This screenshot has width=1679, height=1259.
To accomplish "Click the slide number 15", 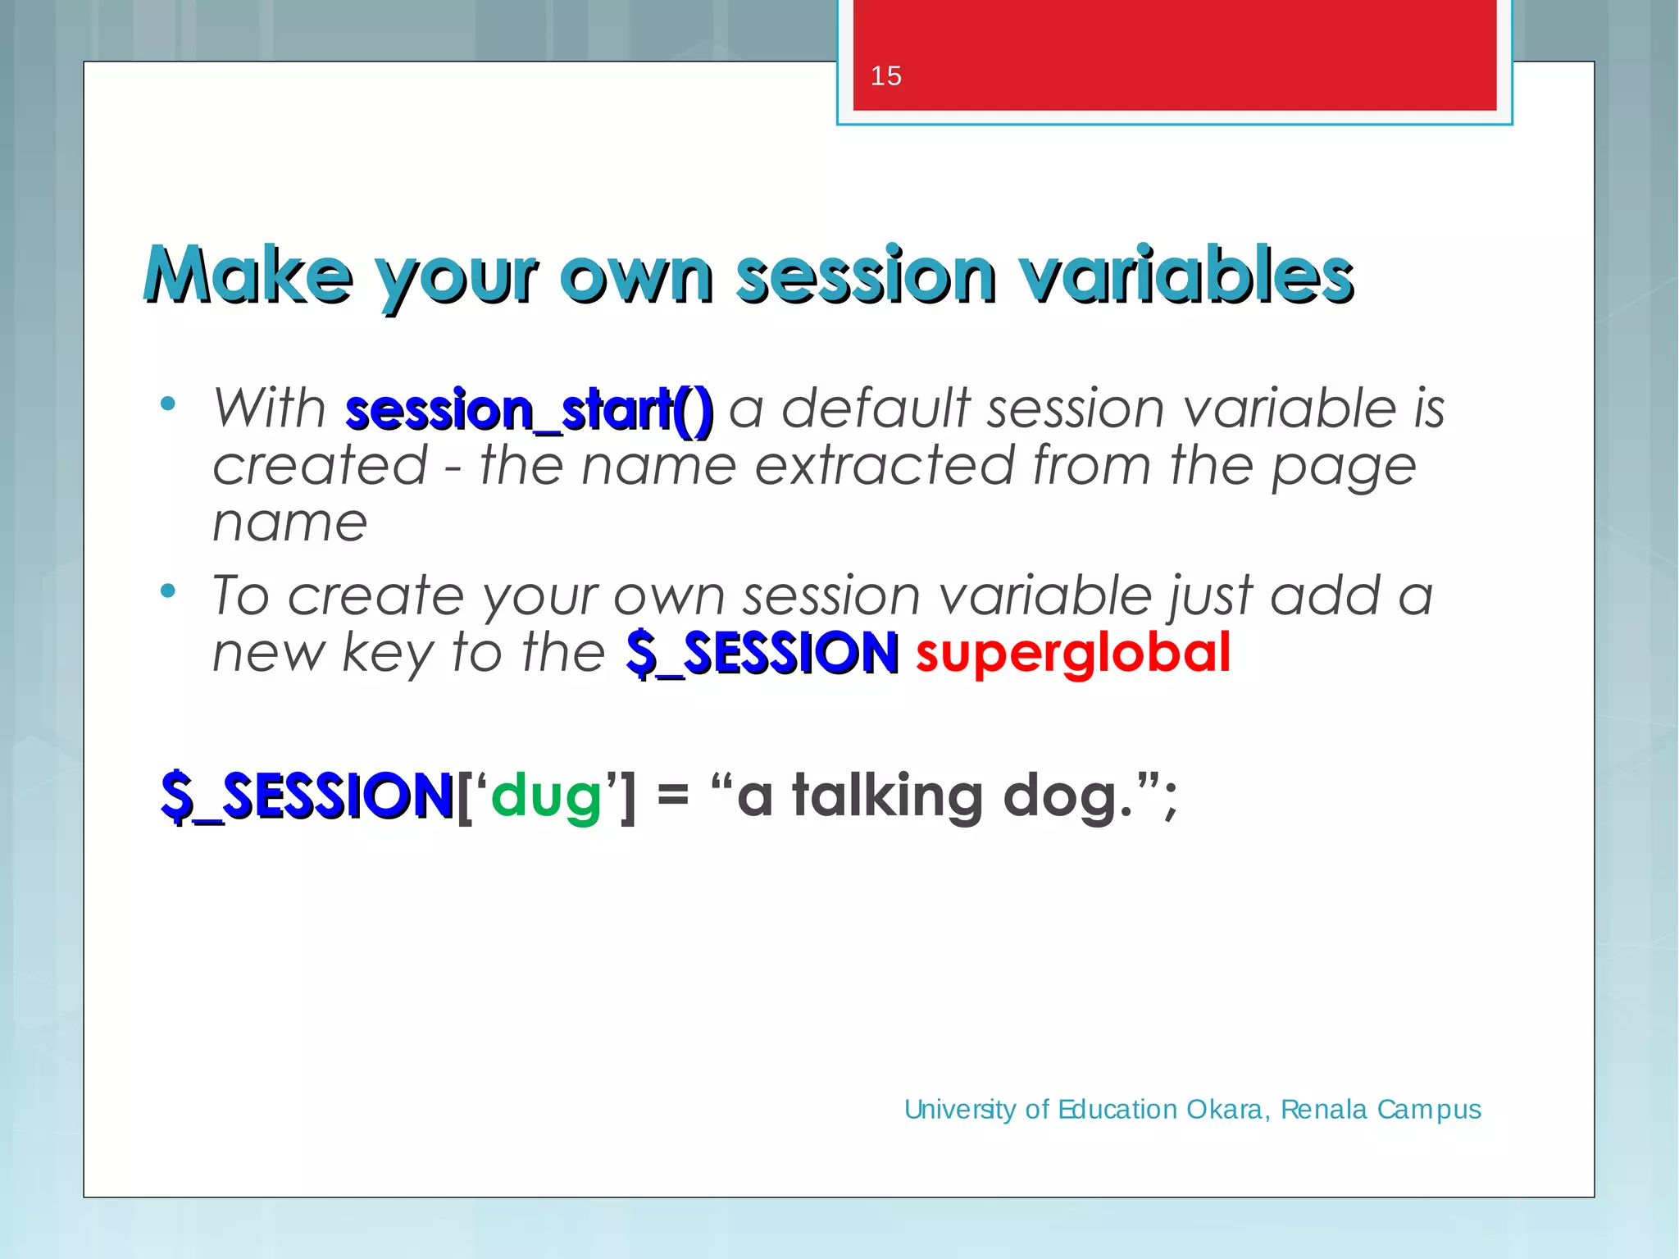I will pyautogui.click(x=885, y=76).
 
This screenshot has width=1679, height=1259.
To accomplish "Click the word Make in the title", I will pyautogui.click(x=248, y=276).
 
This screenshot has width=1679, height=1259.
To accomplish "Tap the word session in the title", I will pyautogui.click(x=866, y=276).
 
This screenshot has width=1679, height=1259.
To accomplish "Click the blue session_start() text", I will pyautogui.click(x=529, y=410).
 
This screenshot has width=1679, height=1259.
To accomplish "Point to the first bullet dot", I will pyautogui.click(x=168, y=404).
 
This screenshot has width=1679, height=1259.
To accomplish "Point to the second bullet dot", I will pyautogui.click(x=168, y=591).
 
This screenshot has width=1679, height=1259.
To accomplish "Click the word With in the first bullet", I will pyautogui.click(x=269, y=408).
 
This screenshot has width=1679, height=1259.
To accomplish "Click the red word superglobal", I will pyautogui.click(x=1072, y=654).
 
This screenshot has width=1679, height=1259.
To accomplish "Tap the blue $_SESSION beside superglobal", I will pyautogui.click(x=762, y=654).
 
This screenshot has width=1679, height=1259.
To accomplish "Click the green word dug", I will pyautogui.click(x=546, y=797).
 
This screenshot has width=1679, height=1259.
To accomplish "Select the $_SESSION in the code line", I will pyautogui.click(x=307, y=796).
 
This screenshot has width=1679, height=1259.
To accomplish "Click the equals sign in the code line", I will pyautogui.click(x=672, y=796).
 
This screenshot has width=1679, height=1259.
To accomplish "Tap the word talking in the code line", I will pyautogui.click(x=887, y=797).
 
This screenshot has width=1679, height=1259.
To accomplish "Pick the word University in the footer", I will pyautogui.click(x=960, y=1110).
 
